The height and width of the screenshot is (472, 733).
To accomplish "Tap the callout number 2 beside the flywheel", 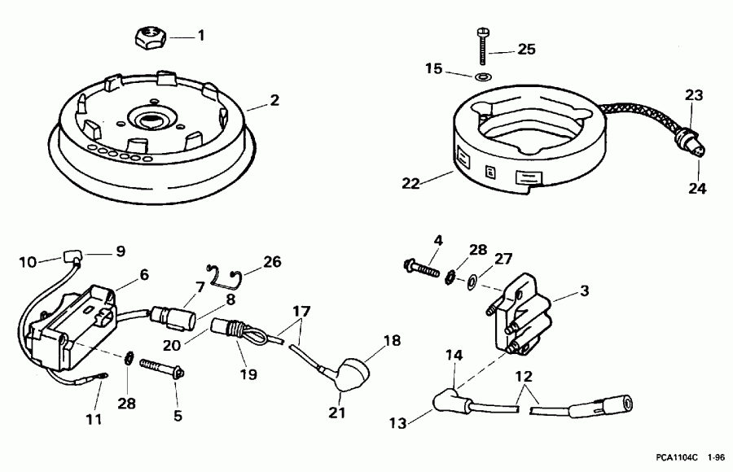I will pyautogui.click(x=274, y=101).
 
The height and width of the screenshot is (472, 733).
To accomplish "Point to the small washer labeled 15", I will pyautogui.click(x=482, y=76).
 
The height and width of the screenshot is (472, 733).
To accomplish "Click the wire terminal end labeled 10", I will pyautogui.click(x=67, y=260).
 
